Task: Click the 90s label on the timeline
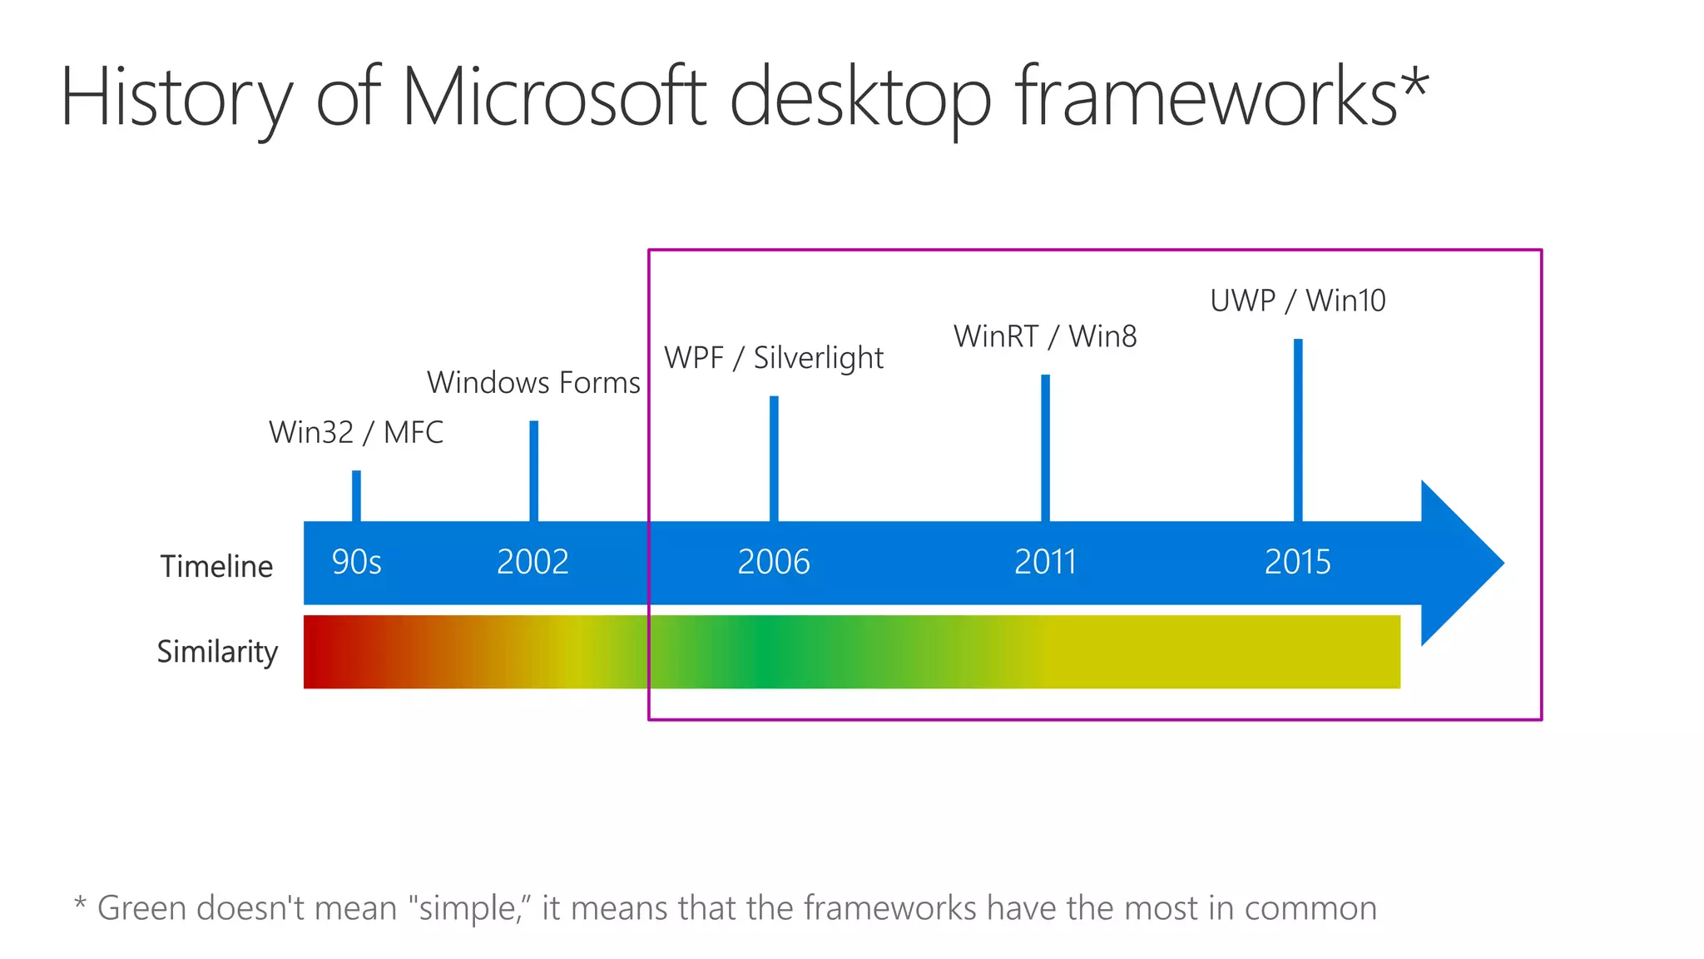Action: [356, 563]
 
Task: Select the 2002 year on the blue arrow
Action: [532, 563]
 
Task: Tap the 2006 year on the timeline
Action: [773, 563]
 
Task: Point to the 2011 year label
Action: [1045, 563]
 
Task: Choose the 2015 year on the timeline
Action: [1297, 563]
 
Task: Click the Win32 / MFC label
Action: [356, 433]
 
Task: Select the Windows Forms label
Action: [533, 383]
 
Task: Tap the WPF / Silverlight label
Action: [773, 358]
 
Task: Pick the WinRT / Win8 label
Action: [1045, 336]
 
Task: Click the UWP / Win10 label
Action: [1297, 301]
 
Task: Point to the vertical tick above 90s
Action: [356, 496]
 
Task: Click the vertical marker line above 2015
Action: [1298, 430]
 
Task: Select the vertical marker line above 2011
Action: [1045, 448]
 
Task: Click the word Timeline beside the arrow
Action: [216, 567]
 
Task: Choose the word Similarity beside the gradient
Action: [217, 652]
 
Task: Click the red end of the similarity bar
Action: [320, 652]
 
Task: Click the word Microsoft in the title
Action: [553, 97]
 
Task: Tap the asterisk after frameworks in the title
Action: [1414, 83]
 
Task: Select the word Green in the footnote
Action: [142, 908]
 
